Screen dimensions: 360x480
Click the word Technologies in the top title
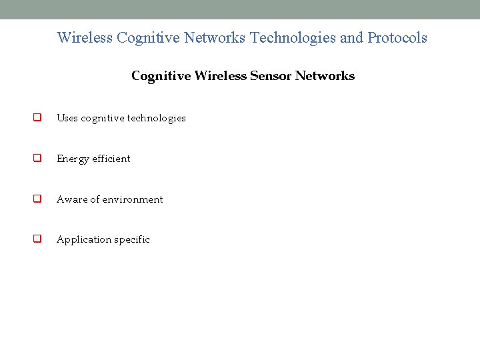pos(293,38)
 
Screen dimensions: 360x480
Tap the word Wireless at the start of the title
pos(85,38)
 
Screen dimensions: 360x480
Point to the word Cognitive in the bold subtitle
pos(161,76)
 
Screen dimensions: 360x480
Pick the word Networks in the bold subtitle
pos(325,76)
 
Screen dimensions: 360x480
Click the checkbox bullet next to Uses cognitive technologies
pos(38,118)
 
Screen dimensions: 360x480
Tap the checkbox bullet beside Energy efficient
pos(38,159)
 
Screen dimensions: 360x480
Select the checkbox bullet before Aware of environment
pos(38,199)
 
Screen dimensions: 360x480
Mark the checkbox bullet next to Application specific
pos(38,239)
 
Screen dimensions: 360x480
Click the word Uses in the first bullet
pos(67,118)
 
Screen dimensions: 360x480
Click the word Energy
pos(73,159)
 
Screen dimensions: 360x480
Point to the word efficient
pos(111,159)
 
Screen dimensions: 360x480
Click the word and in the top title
pos(351,38)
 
